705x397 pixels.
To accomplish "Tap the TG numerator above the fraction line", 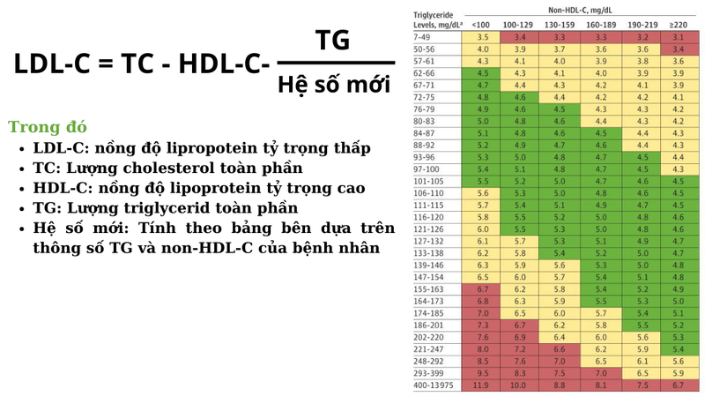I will point(332,40).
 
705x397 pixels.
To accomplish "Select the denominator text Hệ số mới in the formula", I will point(333,86).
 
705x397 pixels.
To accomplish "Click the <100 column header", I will point(482,26).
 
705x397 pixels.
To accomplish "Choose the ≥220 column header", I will point(677,26).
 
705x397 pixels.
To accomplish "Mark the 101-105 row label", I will point(429,180).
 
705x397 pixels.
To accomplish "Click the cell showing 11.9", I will point(482,386).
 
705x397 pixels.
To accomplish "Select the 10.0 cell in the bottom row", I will point(520,386).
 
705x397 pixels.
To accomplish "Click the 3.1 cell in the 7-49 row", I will point(677,38).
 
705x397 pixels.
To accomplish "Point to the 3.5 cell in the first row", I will point(482,38).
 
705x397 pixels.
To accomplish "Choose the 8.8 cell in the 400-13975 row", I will point(560,386).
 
